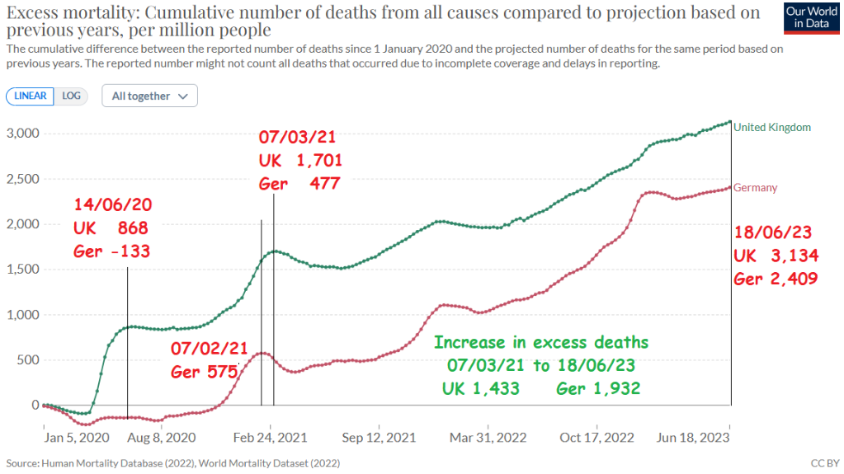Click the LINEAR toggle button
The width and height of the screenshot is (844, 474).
coord(31,96)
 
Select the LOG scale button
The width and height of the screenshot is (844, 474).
coord(72,96)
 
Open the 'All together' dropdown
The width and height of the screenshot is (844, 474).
coord(149,96)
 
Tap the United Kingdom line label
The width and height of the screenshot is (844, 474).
coord(772,127)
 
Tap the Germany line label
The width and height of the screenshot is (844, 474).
coord(756,188)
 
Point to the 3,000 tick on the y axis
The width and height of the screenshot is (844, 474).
coord(22,134)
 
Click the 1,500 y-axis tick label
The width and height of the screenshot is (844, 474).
coord(22,270)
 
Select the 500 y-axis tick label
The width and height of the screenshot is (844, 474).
coord(28,360)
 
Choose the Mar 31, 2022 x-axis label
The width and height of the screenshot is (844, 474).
coord(488,437)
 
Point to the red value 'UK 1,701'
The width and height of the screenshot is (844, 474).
coord(300,161)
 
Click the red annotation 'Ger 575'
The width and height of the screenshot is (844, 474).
coord(204,372)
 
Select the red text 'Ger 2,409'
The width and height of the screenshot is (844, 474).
coord(776,279)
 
